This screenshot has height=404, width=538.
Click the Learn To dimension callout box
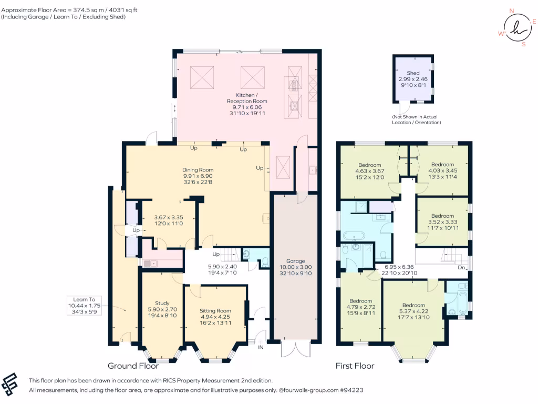coord(85,306)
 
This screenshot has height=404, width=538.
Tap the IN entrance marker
coord(261,347)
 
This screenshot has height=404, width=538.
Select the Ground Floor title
coord(133,366)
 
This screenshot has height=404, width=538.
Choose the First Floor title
coord(355,366)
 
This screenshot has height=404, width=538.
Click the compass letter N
coord(512,11)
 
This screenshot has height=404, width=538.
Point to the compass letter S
coord(524,44)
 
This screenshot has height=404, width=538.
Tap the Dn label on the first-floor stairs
coord(461,267)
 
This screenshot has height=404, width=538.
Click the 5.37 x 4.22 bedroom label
coord(414,311)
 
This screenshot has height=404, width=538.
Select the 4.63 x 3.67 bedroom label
coord(369,171)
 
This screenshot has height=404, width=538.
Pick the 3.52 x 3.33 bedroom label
coord(442,222)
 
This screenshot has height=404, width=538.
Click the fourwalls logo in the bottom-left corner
coord(9,384)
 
